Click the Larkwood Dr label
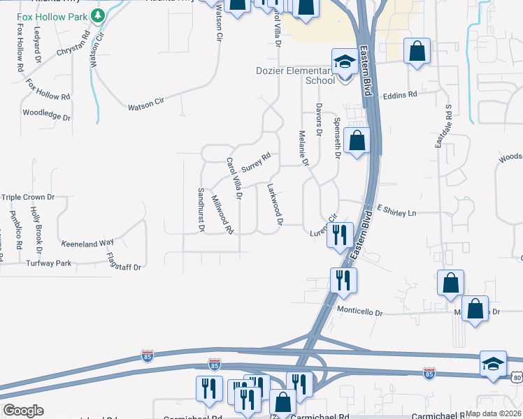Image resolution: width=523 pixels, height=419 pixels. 274,204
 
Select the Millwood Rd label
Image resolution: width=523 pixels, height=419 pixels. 222,214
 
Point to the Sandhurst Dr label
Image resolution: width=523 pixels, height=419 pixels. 201,209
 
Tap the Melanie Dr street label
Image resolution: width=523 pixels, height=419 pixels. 303,149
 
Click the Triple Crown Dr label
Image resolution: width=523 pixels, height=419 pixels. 28,198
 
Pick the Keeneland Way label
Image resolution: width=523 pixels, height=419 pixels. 87,243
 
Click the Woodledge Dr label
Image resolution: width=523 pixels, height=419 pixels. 47,114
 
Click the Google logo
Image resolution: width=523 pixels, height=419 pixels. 23,411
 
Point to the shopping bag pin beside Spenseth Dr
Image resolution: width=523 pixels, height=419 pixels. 357,140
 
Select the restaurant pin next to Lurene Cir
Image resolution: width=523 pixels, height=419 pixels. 338,234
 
